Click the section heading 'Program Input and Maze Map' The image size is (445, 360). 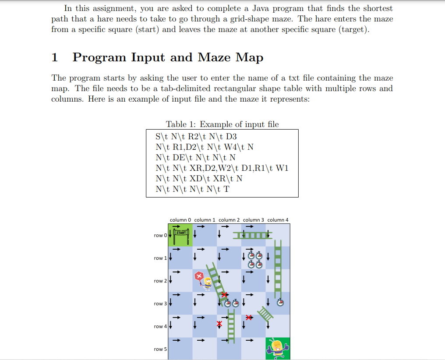[168, 57]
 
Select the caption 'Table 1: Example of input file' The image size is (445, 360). [222, 124]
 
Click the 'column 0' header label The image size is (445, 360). [180, 220]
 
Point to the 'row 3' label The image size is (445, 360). [160, 304]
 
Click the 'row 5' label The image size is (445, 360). [160, 349]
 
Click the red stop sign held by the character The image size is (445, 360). [199, 276]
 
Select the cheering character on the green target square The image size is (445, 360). [277, 349]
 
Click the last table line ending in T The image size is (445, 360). [192, 189]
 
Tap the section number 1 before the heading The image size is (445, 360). [55, 57]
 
